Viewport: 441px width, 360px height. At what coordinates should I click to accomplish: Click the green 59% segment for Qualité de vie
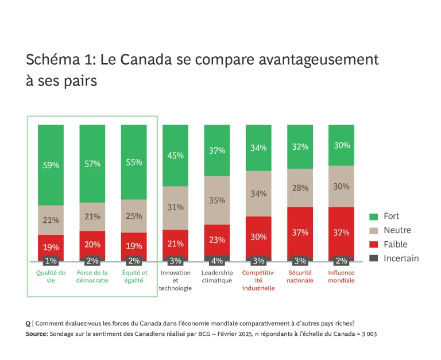tap(51, 165)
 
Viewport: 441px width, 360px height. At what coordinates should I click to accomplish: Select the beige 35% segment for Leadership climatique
tap(217, 200)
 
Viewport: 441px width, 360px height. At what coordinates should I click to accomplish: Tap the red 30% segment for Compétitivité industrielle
tap(258, 236)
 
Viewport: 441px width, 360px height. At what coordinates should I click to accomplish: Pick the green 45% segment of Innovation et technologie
tap(175, 155)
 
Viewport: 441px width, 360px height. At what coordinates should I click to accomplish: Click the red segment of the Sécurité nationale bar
tap(300, 232)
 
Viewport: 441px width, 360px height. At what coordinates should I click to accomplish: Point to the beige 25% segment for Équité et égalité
tap(134, 216)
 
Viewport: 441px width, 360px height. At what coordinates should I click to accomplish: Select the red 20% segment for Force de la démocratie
tap(92, 244)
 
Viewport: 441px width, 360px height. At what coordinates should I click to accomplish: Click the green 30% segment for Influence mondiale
tap(341, 145)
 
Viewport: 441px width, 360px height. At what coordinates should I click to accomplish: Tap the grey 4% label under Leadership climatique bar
tap(217, 261)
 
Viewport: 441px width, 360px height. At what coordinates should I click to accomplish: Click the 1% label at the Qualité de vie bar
tap(51, 261)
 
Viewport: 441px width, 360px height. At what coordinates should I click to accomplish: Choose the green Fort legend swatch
tap(373, 216)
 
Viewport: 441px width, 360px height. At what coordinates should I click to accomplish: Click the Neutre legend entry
tap(397, 230)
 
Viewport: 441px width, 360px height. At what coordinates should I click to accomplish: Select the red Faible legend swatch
tap(373, 244)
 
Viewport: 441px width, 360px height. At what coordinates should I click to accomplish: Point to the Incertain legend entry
tap(401, 258)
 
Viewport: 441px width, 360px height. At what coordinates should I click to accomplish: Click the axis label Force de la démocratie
tap(92, 277)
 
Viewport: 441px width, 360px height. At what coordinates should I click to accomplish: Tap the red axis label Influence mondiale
tap(341, 277)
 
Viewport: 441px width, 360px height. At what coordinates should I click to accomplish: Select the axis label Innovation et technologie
tap(175, 280)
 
